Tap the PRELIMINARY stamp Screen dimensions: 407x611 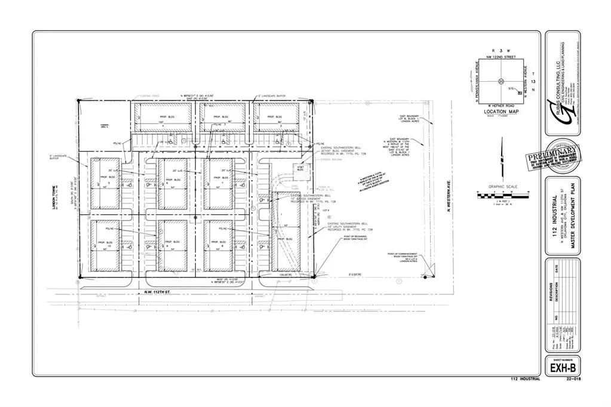[x=553, y=159]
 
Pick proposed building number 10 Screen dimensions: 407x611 [x=109, y=245]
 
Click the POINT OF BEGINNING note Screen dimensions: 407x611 [x=351, y=238]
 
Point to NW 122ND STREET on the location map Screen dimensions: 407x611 [x=501, y=57]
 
